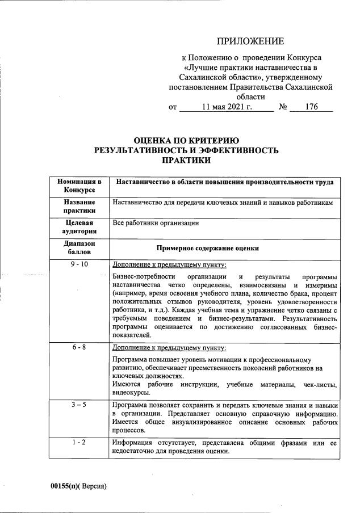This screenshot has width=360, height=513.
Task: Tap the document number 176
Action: [x=311, y=107]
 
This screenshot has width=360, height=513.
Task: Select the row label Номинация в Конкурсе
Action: [x=79, y=185]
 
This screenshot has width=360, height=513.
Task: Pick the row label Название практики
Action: [x=79, y=207]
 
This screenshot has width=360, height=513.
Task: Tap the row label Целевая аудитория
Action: [x=79, y=227]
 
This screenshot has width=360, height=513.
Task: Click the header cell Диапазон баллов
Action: [x=79, y=248]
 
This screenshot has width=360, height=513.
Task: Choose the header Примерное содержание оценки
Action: [x=207, y=248]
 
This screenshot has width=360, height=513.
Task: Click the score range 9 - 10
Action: [x=79, y=265]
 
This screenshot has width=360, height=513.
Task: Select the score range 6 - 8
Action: [x=79, y=347]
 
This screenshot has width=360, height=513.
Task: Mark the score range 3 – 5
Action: [x=79, y=405]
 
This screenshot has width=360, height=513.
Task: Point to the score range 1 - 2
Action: [x=79, y=443]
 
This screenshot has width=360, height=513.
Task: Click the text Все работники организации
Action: [x=156, y=223]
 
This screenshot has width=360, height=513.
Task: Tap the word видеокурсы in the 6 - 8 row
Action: [x=131, y=392]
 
